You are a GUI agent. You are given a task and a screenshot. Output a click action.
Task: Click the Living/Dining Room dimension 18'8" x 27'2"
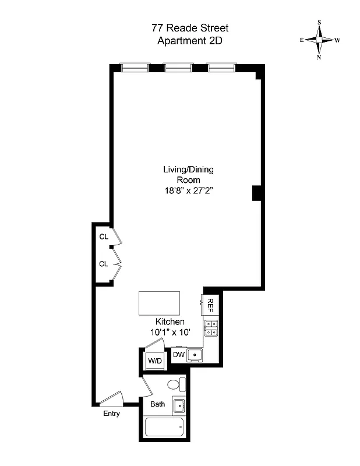(188, 190)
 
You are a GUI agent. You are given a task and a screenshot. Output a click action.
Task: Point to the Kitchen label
(170, 322)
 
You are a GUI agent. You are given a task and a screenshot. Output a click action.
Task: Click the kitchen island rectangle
(159, 303)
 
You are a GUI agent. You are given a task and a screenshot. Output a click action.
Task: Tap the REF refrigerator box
(210, 303)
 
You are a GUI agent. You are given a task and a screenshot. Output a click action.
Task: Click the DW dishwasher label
(178, 355)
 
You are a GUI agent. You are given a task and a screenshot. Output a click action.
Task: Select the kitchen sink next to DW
(195, 355)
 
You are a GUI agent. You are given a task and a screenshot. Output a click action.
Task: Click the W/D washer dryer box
(154, 361)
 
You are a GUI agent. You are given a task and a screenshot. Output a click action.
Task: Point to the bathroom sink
(179, 405)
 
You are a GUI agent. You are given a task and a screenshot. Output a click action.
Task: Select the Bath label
(157, 404)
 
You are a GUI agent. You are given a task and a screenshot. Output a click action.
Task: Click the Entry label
(111, 414)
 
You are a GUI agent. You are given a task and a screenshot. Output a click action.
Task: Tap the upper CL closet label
(103, 236)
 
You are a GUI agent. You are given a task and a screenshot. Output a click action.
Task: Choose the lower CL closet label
(103, 264)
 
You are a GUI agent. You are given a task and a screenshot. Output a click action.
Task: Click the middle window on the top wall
(177, 68)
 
